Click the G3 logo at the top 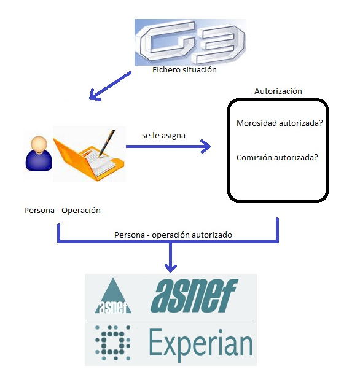pos(190,42)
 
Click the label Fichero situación pos(184,70)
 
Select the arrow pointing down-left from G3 pos(110,86)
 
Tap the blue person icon pos(39,154)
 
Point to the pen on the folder pos(107,144)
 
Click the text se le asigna pos(163,135)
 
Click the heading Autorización pos(278,91)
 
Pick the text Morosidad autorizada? pos(280,123)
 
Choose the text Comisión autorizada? pos(277,157)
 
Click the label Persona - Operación pos(62,211)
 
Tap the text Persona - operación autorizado pos(173,235)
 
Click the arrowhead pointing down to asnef pos(171,268)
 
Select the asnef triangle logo pos(113,296)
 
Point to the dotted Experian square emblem pos(113,343)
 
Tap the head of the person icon pos(39,144)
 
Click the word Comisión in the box pos(254,157)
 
